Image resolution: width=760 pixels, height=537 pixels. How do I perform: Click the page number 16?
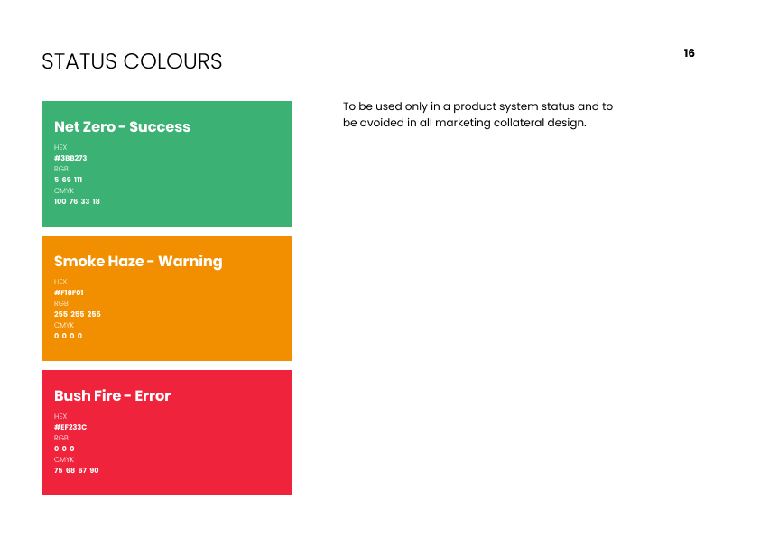[x=689, y=53]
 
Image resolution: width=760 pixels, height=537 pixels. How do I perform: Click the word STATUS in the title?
[x=79, y=61]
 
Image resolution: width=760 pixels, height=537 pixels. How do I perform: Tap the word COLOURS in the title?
[x=172, y=61]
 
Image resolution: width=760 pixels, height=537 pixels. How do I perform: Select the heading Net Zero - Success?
[x=122, y=126]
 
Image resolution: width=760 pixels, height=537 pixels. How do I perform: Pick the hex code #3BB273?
[x=70, y=158]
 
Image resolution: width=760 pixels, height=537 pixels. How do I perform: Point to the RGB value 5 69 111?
[x=68, y=180]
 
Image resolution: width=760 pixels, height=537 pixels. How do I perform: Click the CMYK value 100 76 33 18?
[x=77, y=201]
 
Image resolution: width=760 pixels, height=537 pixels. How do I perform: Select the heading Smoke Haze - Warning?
[x=138, y=261]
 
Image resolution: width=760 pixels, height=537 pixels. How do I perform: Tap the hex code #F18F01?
[x=69, y=292]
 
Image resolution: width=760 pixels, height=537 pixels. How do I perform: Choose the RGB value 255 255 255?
[x=78, y=314]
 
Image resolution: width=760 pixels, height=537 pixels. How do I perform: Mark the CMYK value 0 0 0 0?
[x=69, y=336]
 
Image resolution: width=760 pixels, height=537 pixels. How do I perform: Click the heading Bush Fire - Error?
[x=113, y=395]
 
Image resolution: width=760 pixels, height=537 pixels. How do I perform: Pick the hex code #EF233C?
[x=70, y=427]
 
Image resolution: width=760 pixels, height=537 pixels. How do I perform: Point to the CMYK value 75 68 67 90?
[x=76, y=470]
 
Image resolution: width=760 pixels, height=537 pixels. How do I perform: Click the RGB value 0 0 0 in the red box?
[x=64, y=449]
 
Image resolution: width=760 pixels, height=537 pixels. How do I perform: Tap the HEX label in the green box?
[x=60, y=147]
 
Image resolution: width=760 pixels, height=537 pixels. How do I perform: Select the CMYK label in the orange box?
[x=64, y=325]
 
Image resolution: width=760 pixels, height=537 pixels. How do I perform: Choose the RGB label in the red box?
[x=61, y=438]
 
